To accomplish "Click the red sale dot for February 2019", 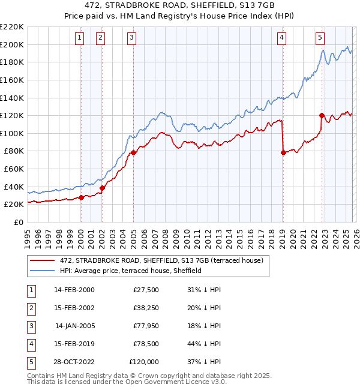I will [283, 152].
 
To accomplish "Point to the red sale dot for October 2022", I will [322, 115].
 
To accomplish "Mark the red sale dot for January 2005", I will [133, 152].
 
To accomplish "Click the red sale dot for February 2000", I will [81, 197].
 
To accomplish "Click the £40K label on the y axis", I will [14, 187].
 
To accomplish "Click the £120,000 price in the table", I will [144, 362].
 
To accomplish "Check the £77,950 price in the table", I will [146, 326].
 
